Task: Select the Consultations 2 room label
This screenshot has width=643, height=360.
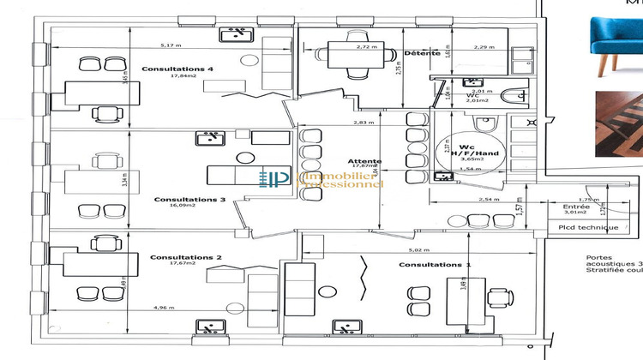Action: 186,256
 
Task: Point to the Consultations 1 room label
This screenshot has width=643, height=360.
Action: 435,265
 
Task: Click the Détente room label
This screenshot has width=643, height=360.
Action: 422,53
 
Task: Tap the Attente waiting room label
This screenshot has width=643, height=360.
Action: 365,161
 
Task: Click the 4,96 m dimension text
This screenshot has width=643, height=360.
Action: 165,306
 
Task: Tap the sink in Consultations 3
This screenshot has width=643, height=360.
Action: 208,137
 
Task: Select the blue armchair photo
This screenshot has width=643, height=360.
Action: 614,39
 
